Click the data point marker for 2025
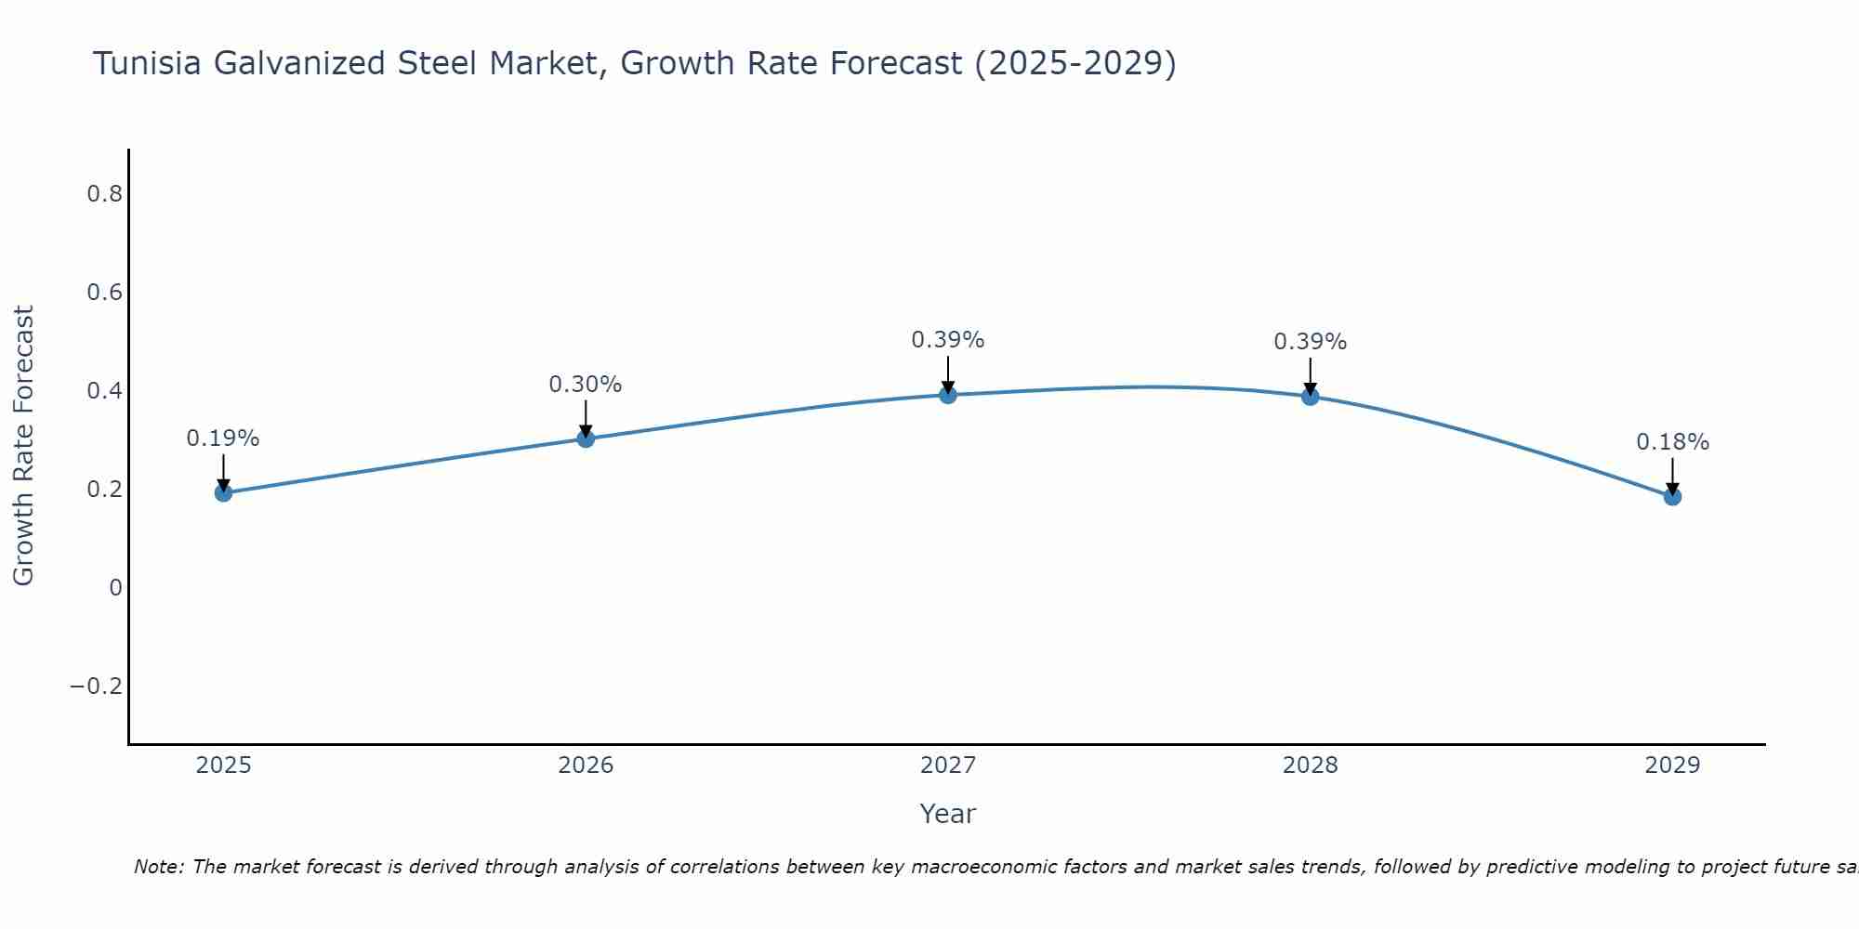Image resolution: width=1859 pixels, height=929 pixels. (x=223, y=492)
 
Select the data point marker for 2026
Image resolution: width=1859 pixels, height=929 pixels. (x=586, y=438)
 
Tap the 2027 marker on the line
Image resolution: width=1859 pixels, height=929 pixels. (x=948, y=395)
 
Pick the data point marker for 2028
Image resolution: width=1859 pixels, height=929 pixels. (x=1310, y=397)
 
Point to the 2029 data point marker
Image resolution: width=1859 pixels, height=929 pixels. (x=1672, y=496)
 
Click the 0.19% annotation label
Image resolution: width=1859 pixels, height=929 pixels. (x=223, y=438)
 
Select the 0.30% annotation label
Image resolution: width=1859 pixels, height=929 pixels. (x=586, y=385)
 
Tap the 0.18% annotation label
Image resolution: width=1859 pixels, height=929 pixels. (x=1672, y=442)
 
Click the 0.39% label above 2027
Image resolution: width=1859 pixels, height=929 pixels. (x=948, y=340)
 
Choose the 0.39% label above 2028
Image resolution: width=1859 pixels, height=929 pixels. (x=1310, y=342)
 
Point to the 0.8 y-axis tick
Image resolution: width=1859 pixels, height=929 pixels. (x=104, y=194)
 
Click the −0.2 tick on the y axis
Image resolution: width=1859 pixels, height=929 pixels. (x=97, y=687)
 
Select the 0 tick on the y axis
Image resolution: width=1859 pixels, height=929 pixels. (x=115, y=588)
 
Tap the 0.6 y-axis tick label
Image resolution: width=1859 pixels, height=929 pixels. (x=104, y=293)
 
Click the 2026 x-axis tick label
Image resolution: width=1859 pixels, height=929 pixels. (x=586, y=765)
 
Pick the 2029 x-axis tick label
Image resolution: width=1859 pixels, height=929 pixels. (x=1672, y=765)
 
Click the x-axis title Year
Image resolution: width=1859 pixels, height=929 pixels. (x=947, y=814)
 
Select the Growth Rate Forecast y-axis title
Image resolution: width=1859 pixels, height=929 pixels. (x=23, y=446)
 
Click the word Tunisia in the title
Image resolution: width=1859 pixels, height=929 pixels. (x=148, y=63)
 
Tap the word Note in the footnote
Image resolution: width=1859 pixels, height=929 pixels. (x=158, y=867)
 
